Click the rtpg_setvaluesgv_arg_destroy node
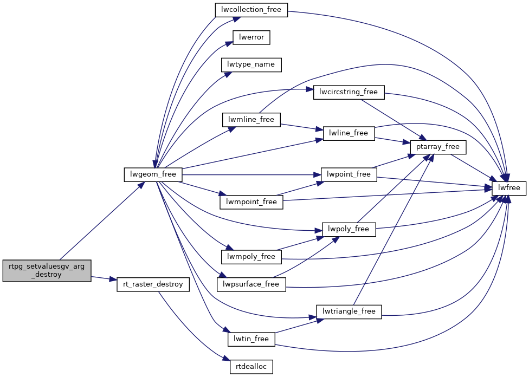click(47, 270)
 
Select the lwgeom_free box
click(153, 174)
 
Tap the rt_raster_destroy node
click(153, 284)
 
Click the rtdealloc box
click(251, 367)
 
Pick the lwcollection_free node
click(251, 10)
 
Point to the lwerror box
click(251, 37)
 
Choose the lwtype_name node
click(251, 64)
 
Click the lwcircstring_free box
click(349, 92)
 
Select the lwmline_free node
click(251, 119)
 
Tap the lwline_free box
click(349, 133)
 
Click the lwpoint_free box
click(349, 174)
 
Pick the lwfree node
click(509, 188)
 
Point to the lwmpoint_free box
click(251, 202)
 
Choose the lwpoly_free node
click(349, 229)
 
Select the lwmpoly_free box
click(251, 256)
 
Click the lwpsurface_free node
click(251, 284)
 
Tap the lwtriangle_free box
click(349, 311)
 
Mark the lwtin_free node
click(251, 339)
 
